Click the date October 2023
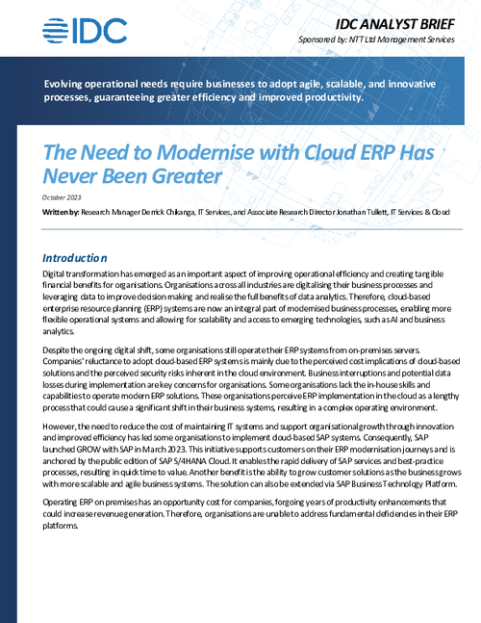pyautogui.click(x=63, y=197)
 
